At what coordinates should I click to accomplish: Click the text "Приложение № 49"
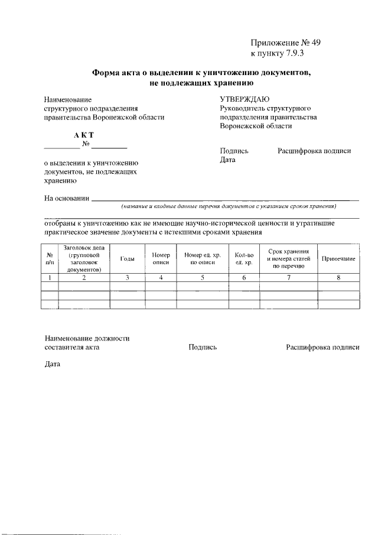285,43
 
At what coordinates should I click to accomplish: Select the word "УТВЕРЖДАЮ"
245,99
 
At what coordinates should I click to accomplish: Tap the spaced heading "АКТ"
84,135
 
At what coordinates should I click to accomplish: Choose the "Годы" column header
127,259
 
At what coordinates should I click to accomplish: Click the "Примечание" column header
338,259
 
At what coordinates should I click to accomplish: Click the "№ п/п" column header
50,258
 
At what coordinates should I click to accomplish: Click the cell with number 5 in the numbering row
202,278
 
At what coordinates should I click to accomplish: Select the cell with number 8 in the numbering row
338,278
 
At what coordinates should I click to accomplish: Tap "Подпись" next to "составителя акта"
203,348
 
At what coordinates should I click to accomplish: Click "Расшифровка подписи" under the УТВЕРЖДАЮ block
314,151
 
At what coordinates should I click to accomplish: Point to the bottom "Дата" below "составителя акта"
53,364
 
